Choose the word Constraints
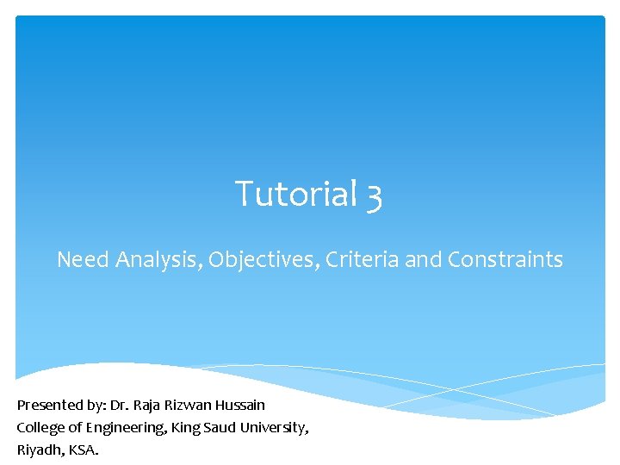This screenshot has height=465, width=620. pyautogui.click(x=505, y=259)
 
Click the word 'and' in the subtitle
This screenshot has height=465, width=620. pyautogui.click(x=424, y=259)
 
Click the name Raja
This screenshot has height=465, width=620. pyautogui.click(x=148, y=405)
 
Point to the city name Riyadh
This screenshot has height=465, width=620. pyautogui.click(x=38, y=449)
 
